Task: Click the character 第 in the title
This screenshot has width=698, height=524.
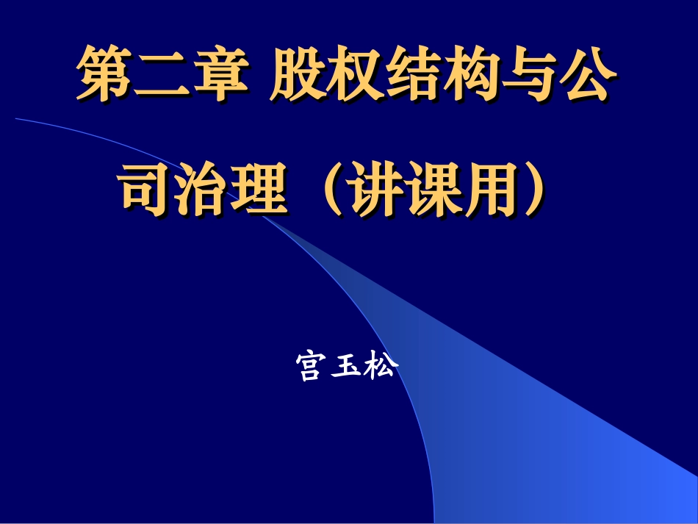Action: coord(105,75)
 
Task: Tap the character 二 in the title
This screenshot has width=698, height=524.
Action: coord(161,75)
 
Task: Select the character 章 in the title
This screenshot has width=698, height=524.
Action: coord(217,75)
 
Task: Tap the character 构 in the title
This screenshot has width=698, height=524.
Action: coord(468,75)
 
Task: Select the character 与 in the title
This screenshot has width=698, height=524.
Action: coord(525,75)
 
